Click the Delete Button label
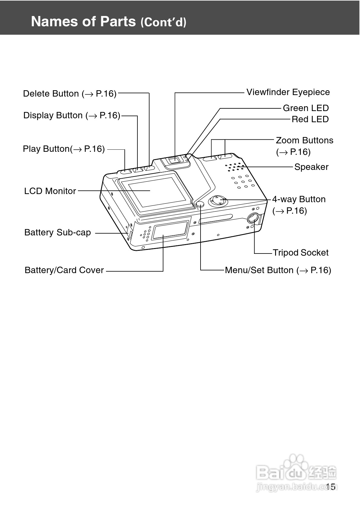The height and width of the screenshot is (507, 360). coord(70,94)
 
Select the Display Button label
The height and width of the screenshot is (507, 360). coord(72,115)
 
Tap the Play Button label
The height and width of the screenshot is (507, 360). coord(64,149)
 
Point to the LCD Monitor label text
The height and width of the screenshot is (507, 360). coord(50,191)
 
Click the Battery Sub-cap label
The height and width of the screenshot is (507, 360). coord(58,232)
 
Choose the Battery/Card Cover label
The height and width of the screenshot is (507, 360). coord(64,270)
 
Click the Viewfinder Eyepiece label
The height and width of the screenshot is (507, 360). coord(288,92)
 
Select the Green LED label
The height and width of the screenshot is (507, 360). coord(306,108)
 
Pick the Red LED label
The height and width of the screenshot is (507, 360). coord(310,119)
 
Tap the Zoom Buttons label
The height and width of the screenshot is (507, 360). coord(304,146)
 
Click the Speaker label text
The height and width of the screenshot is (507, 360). coord(311,167)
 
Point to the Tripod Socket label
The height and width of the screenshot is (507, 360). coord(301,253)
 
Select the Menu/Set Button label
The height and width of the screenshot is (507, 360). coord(278,270)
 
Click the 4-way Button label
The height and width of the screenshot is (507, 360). coord(299,205)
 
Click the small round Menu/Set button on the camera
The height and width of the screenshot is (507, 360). coord(200,204)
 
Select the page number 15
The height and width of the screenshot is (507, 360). coord(331,486)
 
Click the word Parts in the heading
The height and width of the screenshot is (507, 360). coord(118,21)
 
